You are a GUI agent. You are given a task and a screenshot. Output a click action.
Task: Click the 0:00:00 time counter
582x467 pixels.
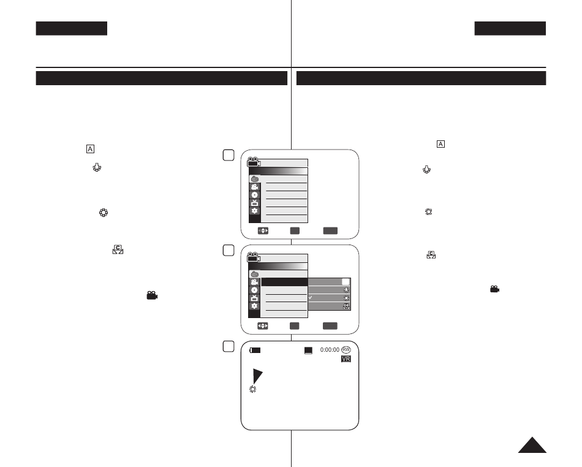point(330,350)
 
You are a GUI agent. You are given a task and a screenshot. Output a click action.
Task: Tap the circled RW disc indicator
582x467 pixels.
point(346,350)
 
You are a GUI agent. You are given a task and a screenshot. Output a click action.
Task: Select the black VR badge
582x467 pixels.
point(346,359)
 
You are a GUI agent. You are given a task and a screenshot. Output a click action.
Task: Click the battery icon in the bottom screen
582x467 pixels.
point(255,350)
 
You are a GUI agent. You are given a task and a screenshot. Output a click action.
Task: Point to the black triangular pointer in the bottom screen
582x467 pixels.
point(257,375)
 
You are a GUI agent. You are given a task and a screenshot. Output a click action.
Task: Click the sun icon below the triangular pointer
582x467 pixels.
point(253,389)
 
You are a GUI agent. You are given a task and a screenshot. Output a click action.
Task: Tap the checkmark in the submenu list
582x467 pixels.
point(311,297)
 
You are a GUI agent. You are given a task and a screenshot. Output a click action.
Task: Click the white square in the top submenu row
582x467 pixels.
point(346,282)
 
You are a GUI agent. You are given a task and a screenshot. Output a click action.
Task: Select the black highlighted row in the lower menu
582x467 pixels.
point(285,282)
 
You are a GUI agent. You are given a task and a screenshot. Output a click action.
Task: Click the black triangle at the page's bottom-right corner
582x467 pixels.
point(532,445)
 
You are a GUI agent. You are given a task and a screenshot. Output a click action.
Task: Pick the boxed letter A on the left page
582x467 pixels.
point(90,149)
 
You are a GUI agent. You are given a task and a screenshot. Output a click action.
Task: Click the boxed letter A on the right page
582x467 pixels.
point(440,144)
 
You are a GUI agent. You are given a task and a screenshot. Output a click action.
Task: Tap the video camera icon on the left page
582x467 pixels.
point(152,295)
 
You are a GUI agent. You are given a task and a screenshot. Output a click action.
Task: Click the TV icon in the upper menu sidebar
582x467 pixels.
point(254,203)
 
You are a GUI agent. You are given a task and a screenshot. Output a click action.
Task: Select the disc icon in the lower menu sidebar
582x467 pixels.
point(254,290)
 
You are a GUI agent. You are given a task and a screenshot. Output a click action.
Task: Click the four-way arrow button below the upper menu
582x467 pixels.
point(263,231)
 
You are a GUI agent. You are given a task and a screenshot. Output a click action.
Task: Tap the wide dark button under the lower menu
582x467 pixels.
point(330,326)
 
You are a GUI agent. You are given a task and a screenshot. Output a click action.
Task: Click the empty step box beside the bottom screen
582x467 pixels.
point(229,346)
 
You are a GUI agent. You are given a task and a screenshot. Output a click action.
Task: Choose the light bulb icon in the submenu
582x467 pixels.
point(346,290)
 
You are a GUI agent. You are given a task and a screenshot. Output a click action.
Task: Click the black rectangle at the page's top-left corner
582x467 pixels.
point(72,29)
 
